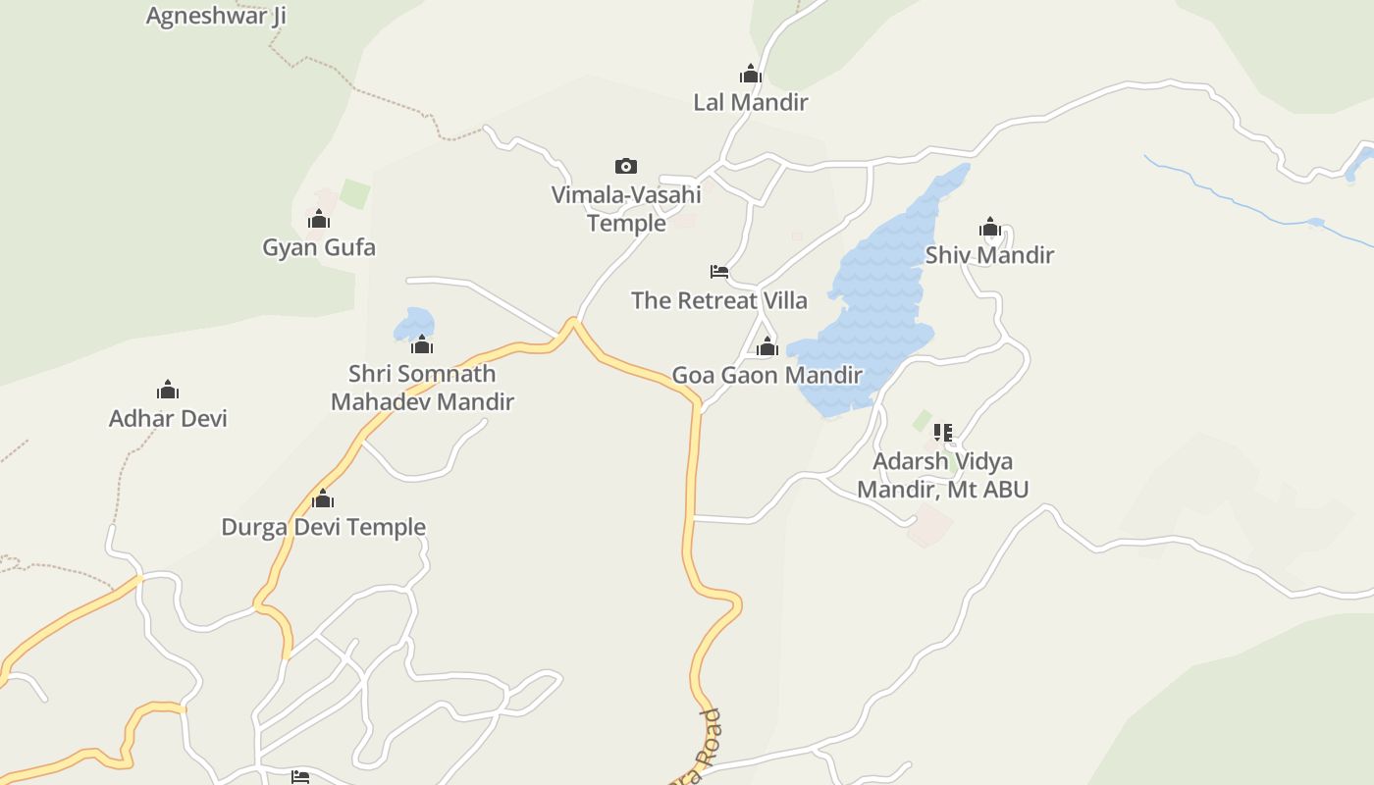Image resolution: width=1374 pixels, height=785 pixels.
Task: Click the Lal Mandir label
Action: coord(751,102)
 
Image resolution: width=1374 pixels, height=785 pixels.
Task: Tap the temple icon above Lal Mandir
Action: coord(751,75)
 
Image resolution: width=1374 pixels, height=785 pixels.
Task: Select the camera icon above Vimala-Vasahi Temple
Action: coord(626,166)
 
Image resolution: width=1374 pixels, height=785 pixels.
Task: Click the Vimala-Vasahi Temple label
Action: coord(626,209)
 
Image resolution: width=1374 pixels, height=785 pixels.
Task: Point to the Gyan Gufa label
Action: coord(319,247)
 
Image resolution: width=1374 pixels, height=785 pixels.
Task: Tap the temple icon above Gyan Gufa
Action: coord(319,219)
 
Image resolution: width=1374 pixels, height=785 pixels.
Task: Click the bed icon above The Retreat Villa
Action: coord(719,272)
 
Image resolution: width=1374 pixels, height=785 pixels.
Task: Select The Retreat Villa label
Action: coord(719,300)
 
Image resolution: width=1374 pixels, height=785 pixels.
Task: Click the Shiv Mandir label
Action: coord(989,255)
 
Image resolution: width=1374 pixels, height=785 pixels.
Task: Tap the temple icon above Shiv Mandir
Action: coord(989,229)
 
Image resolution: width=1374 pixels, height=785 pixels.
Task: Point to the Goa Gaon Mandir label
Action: coord(766,375)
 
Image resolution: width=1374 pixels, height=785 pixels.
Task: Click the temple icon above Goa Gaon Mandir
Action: coord(767,346)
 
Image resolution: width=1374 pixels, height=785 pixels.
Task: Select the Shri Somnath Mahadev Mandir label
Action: coord(422,388)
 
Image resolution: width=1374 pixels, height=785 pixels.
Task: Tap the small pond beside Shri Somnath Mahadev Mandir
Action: coord(412,322)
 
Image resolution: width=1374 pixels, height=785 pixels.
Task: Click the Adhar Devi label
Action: coord(168,418)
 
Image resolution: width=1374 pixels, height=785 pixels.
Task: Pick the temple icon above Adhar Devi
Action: coord(168,391)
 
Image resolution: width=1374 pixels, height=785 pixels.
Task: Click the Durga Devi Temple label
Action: coord(323,527)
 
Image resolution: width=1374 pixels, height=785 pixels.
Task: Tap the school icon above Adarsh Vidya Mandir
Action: coord(943,432)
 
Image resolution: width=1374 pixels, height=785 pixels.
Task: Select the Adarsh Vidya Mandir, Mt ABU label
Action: coord(943,475)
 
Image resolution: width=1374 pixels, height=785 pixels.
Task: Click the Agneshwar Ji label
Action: coord(216,16)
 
